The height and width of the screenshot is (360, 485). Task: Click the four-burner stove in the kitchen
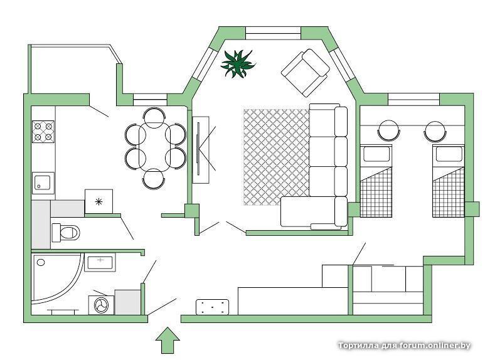tap(43, 132)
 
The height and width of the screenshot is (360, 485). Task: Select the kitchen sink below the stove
tap(43, 183)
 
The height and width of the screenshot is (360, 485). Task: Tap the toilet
tap(66, 233)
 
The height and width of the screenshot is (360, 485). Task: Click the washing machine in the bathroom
tap(101, 305)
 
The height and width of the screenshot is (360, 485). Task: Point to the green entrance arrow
tap(168, 340)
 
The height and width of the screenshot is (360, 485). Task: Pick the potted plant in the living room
tap(238, 64)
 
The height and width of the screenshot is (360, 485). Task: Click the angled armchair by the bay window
tap(306, 73)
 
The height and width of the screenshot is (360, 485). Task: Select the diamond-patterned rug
tap(276, 157)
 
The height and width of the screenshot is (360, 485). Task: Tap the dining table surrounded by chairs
tap(154, 147)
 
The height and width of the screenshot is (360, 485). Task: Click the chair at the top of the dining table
tap(154, 117)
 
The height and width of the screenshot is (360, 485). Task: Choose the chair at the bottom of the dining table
tap(154, 179)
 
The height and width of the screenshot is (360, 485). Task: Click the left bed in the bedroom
tap(376, 181)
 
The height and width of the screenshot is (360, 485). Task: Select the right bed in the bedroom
tap(449, 181)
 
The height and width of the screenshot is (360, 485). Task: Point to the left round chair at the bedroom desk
tap(389, 130)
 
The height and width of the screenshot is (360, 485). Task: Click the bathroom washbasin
tap(100, 262)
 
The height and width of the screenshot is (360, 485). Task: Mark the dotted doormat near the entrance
tap(213, 307)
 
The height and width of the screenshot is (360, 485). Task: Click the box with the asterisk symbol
tap(99, 202)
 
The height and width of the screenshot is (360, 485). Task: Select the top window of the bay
tap(273, 33)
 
